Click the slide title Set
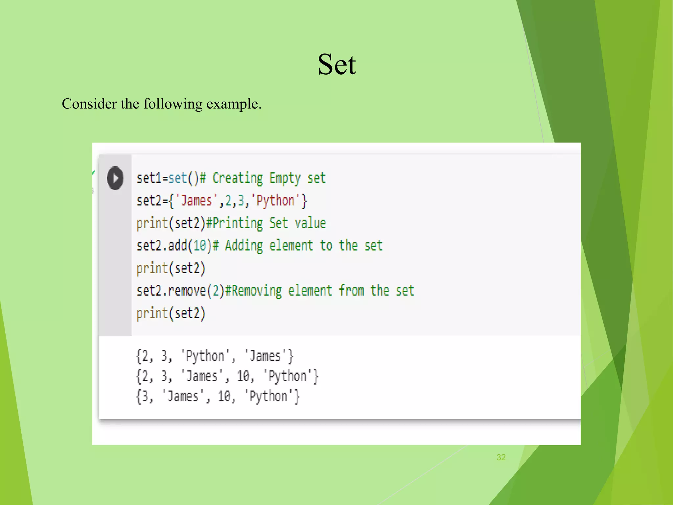pos(336,64)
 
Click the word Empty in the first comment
pos(285,179)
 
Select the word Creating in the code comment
pos(238,179)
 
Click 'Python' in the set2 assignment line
pos(275,201)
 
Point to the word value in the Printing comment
pos(310,224)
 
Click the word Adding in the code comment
pos(244,246)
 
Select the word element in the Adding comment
pos(291,246)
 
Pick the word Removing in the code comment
pos(257,291)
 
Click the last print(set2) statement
pos(171,313)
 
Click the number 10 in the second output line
pos(243,376)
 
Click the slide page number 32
pos(501,457)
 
